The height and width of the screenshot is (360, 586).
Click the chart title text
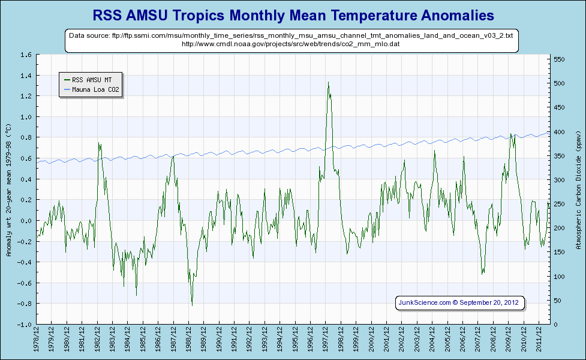point(293,14)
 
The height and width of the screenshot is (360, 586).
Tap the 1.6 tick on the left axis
point(26,55)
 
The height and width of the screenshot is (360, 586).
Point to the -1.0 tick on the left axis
point(25,325)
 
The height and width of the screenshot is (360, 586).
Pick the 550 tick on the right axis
point(559,59)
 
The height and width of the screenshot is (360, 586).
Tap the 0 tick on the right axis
point(555,325)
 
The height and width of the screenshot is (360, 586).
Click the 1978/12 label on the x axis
point(37,340)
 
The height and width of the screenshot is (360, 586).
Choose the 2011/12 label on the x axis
point(539,340)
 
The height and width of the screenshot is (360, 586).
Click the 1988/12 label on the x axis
point(189,340)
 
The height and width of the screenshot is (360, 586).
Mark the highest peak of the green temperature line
point(328,82)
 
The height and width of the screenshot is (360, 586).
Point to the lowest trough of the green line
point(192,305)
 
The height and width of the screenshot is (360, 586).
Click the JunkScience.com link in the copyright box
point(425,302)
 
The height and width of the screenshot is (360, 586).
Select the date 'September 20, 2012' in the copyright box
point(491,302)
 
